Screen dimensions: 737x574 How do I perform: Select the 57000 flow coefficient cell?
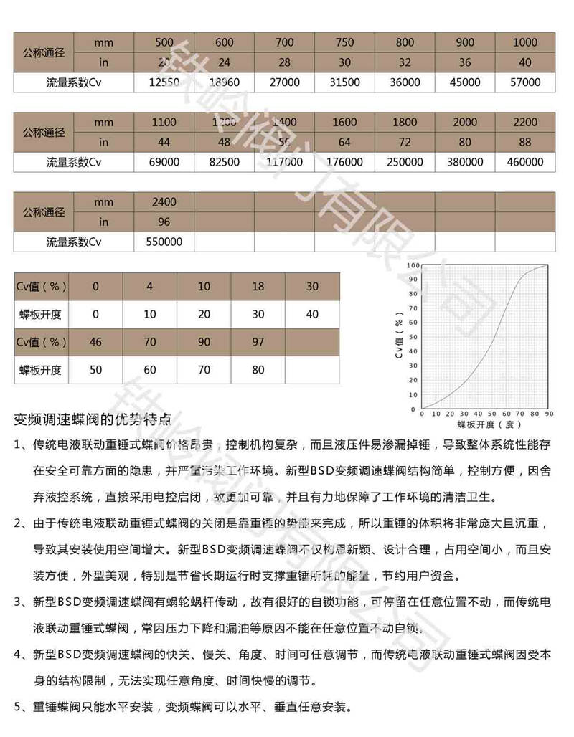[524, 82]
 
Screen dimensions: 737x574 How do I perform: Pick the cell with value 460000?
[524, 162]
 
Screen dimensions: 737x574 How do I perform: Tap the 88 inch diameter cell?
[524, 142]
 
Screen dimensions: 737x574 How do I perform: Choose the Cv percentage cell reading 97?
[258, 342]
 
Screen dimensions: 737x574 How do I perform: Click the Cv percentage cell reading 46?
[95, 342]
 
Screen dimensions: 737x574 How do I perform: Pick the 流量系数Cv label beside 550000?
[74, 242]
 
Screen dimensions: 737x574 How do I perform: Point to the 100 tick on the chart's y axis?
[413, 265]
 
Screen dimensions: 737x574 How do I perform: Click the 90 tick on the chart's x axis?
[549, 414]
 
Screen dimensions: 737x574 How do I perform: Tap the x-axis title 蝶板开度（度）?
[485, 425]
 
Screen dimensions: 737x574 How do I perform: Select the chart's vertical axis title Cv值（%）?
[400, 337]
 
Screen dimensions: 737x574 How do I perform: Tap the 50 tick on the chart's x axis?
[491, 414]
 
